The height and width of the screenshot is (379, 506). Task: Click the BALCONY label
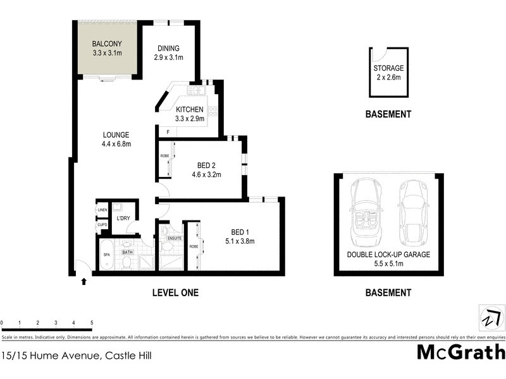(106, 44)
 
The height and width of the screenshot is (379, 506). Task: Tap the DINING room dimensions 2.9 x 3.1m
(168, 57)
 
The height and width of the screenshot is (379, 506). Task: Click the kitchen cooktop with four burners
(213, 112)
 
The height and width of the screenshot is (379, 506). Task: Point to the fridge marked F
(168, 132)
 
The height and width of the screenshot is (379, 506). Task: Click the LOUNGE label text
(116, 135)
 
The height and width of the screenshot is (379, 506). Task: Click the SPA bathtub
(106, 255)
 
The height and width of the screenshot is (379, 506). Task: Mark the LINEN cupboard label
(102, 210)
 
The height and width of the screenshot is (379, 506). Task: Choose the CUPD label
(102, 225)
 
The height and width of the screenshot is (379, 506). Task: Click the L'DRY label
(123, 219)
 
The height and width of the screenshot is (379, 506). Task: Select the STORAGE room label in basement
(388, 68)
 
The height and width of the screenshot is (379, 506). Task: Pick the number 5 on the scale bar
(92, 323)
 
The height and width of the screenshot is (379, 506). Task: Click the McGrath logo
(460, 351)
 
